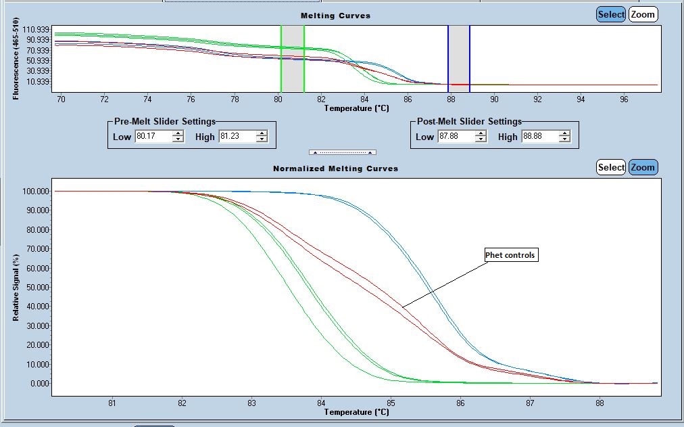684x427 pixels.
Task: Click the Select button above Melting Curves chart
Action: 611,14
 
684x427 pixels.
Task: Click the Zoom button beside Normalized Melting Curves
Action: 643,167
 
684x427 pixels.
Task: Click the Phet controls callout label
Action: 511,255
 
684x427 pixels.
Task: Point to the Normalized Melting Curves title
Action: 335,168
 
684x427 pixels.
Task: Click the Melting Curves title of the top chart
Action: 336,16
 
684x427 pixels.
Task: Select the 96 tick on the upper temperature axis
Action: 624,99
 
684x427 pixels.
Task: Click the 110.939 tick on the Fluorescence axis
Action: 36,30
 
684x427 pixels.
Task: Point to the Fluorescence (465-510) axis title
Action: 16,62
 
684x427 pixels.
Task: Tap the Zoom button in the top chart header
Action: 643,14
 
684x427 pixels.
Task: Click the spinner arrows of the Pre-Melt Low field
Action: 178,137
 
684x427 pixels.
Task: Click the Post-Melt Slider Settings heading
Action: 469,122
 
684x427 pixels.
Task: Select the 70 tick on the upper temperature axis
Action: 61,99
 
